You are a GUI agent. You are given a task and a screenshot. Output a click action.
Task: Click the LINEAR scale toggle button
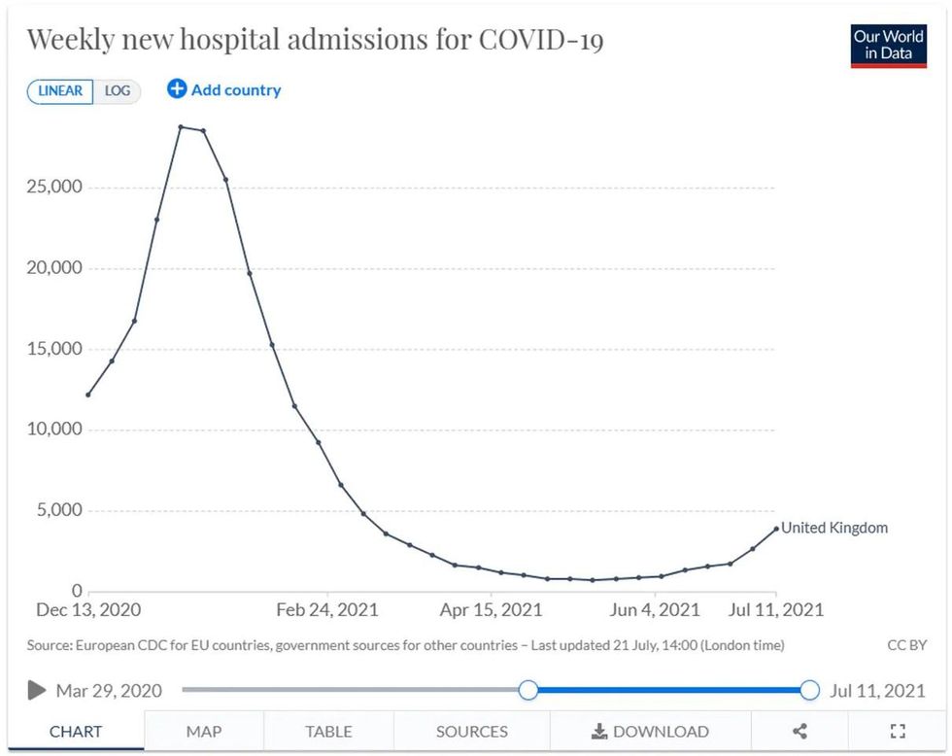click(x=60, y=91)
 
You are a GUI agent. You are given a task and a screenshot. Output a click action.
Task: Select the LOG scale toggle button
click(x=118, y=91)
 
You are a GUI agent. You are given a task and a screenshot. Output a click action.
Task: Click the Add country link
click(x=224, y=90)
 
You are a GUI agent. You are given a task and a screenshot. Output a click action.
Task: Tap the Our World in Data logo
click(x=888, y=45)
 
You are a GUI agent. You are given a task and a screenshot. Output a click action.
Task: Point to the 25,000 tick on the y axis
click(x=54, y=187)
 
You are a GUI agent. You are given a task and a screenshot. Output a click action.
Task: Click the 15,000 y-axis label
click(x=54, y=349)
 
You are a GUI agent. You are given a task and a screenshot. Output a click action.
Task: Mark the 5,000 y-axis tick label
click(x=59, y=510)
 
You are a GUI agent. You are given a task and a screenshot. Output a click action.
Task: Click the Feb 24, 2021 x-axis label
click(x=327, y=610)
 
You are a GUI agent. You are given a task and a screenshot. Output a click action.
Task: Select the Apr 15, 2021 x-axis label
click(x=492, y=610)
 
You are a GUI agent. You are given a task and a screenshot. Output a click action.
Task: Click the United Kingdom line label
click(x=834, y=528)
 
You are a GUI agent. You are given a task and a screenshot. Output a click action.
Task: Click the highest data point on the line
click(x=181, y=127)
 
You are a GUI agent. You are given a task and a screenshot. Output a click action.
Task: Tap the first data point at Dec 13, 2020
click(x=88, y=395)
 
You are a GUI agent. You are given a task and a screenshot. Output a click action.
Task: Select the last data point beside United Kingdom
click(x=775, y=529)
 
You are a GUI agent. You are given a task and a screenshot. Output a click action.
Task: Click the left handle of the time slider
click(x=527, y=690)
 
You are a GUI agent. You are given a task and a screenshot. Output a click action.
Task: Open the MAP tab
click(x=204, y=732)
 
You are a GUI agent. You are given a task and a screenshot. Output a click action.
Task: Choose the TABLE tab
click(x=328, y=732)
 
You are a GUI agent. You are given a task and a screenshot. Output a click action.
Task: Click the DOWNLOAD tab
click(x=650, y=732)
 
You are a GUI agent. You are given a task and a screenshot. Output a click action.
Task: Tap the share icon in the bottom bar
click(x=799, y=732)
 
